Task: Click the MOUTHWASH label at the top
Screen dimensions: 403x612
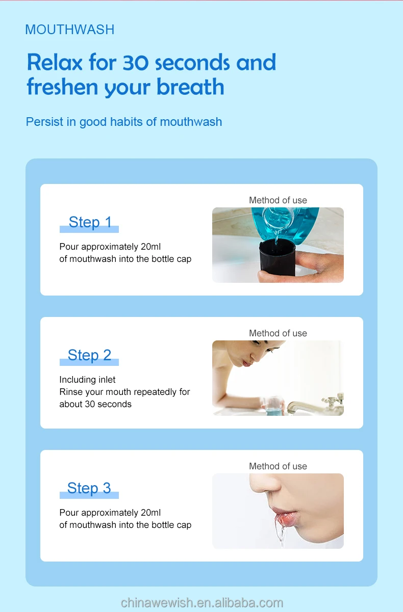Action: pyautogui.click(x=70, y=30)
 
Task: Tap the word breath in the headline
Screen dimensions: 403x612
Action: pyautogui.click(x=190, y=87)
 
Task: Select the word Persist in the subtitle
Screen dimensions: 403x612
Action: pyautogui.click(x=44, y=122)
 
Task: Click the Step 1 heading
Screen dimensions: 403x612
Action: pyautogui.click(x=90, y=222)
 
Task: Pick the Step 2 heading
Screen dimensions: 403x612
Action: pyautogui.click(x=89, y=355)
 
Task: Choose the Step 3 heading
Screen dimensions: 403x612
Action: pyautogui.click(x=89, y=488)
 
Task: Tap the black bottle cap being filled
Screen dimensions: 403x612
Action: pyautogui.click(x=277, y=258)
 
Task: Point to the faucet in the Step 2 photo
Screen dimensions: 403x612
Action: pyautogui.click(x=315, y=405)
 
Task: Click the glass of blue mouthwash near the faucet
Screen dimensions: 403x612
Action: pyautogui.click(x=272, y=406)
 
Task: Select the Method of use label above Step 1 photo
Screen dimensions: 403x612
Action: pyautogui.click(x=278, y=200)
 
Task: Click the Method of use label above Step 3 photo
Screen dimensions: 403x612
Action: pyautogui.click(x=278, y=466)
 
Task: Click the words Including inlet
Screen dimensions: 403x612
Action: pyautogui.click(x=87, y=380)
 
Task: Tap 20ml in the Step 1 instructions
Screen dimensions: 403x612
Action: pyautogui.click(x=151, y=247)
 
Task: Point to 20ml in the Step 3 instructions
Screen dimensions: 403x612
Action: pyautogui.click(x=151, y=512)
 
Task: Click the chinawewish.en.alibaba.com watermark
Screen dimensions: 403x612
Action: pyautogui.click(x=202, y=602)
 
